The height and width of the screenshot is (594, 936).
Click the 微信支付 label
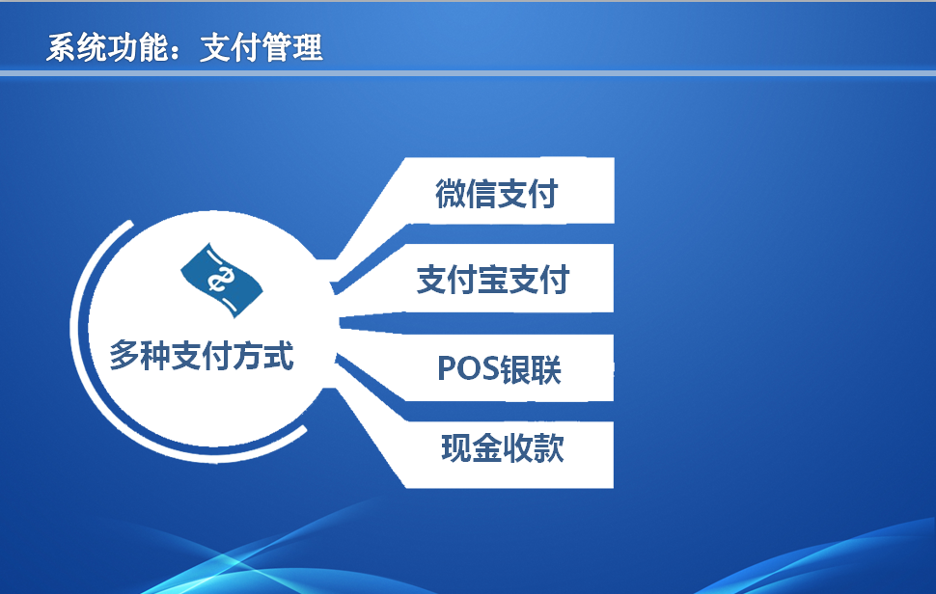(497, 193)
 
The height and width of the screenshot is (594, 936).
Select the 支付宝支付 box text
(493, 280)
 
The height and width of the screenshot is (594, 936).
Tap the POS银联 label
(499, 369)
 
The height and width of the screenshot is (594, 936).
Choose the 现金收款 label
(503, 447)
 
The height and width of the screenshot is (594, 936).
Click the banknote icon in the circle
(222, 280)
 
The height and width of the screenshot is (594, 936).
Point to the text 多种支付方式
(201, 356)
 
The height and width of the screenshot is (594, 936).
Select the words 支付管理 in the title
(262, 47)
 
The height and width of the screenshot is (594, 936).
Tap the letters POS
(468, 369)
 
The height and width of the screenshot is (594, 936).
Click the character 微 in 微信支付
(451, 193)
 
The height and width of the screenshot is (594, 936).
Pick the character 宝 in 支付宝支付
(493, 280)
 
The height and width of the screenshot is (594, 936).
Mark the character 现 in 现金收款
(456, 447)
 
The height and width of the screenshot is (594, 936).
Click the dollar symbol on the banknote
(221, 279)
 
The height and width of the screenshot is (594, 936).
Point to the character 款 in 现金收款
(549, 447)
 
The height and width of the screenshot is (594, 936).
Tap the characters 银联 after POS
(531, 369)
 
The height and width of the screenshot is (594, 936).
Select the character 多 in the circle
(124, 356)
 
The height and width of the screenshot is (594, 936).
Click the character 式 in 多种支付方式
(279, 356)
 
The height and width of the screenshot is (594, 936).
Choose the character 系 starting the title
(62, 47)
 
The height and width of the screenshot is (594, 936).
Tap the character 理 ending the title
(308, 47)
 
